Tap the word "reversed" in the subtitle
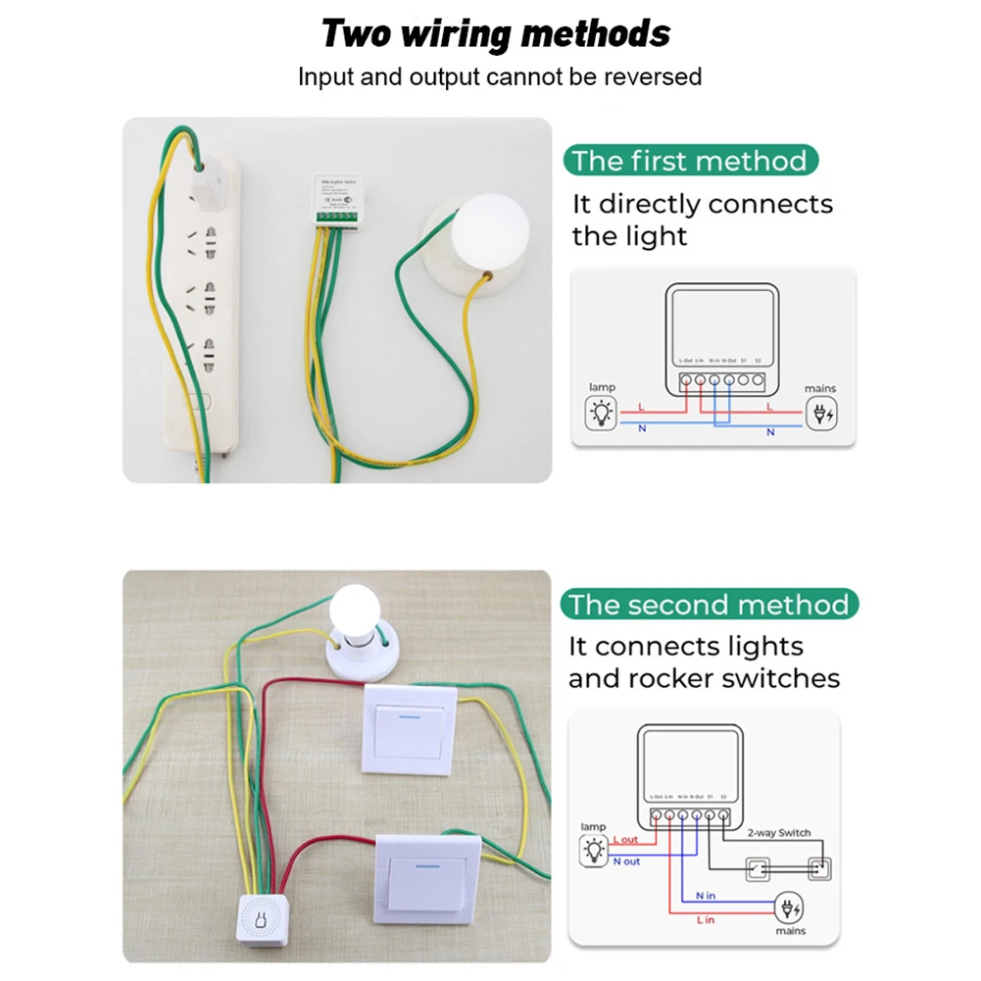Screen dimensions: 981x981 (x=653, y=76)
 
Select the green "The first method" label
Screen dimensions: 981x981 (x=690, y=161)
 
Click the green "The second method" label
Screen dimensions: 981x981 (x=710, y=605)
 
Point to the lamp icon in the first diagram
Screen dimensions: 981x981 (x=601, y=414)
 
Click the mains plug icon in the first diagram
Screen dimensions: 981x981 (x=820, y=414)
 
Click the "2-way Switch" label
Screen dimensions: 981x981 (x=779, y=833)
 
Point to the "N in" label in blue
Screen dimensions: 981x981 (x=706, y=896)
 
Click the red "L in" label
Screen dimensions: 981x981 (x=706, y=920)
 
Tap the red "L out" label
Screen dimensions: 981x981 (x=625, y=840)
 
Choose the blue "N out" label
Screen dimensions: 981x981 (x=626, y=861)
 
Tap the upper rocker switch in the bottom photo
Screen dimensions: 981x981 (x=410, y=729)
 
